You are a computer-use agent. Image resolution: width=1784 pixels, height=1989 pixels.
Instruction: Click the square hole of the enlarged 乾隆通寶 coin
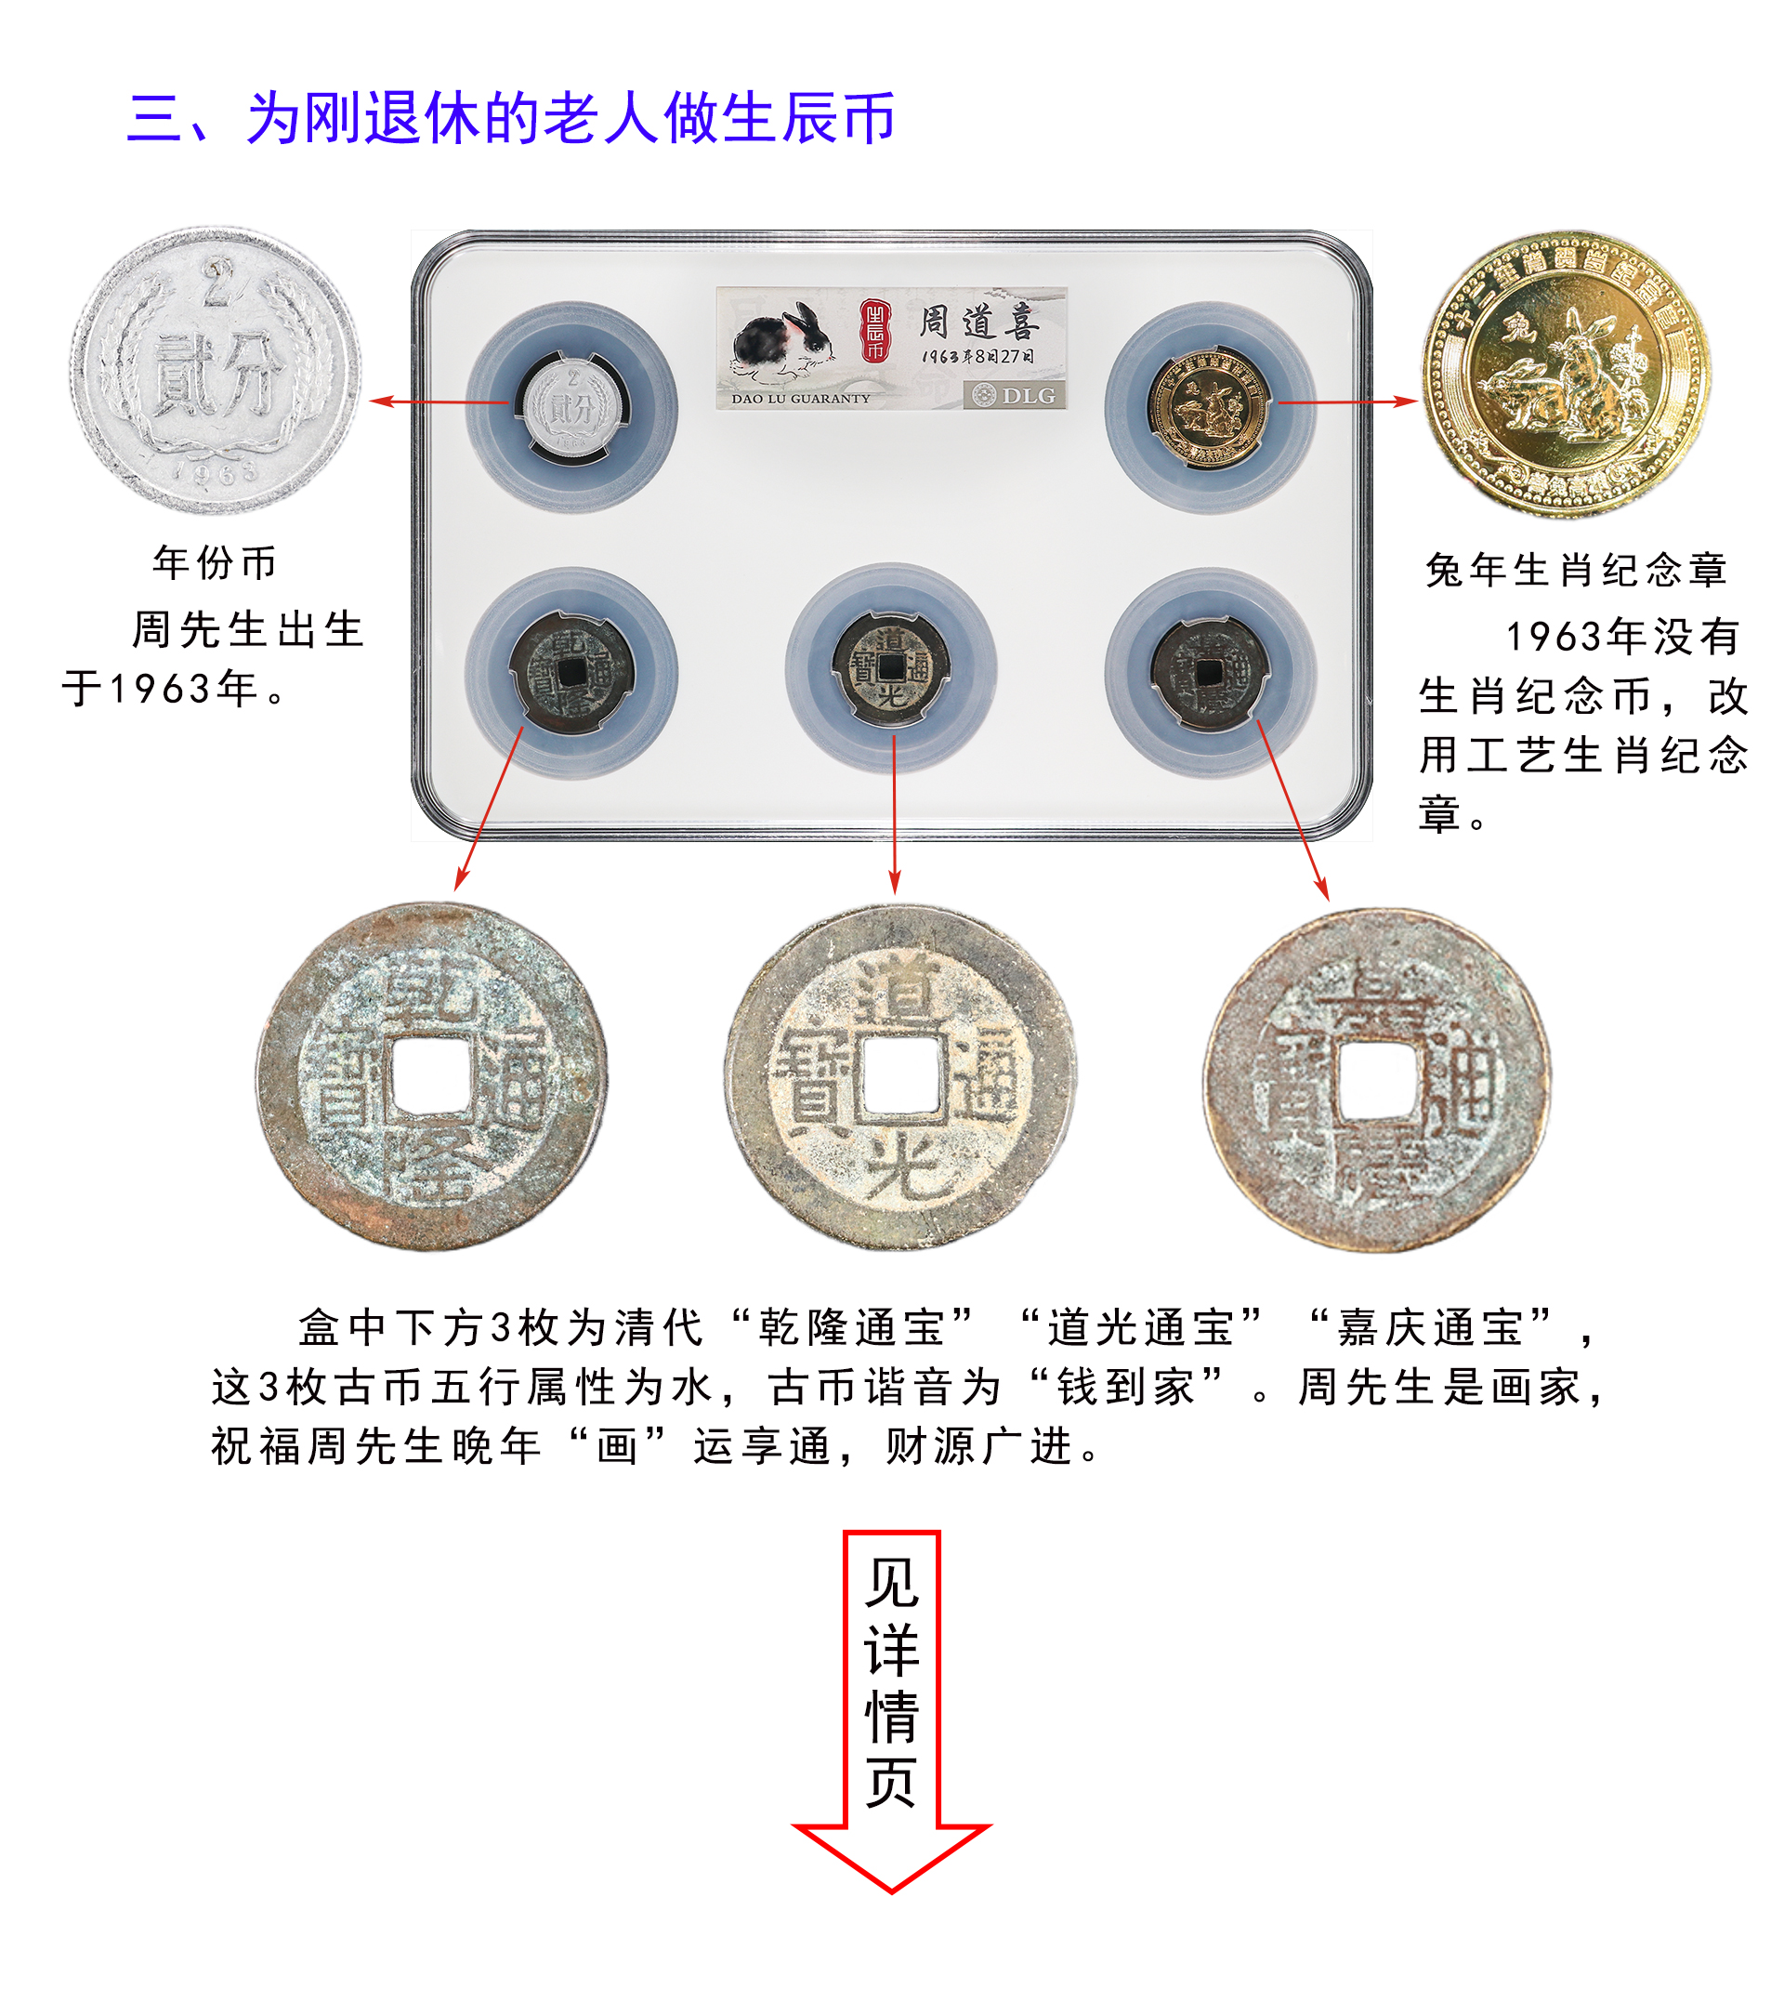[431, 1074]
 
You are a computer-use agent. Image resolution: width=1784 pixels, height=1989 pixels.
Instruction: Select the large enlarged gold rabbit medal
[1566, 375]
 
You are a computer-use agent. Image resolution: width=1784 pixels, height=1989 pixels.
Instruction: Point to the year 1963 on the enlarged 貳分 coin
[216, 472]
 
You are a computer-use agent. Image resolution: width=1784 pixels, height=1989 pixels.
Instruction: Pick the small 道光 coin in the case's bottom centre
[891, 668]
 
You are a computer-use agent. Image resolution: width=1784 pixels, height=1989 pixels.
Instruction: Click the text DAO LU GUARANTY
[801, 399]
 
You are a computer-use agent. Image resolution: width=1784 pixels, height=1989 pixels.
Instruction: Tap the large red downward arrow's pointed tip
[891, 1888]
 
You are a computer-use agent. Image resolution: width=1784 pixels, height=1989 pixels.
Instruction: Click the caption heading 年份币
[215, 562]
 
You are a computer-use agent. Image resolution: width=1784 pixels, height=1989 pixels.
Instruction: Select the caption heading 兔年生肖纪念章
[1576, 570]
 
